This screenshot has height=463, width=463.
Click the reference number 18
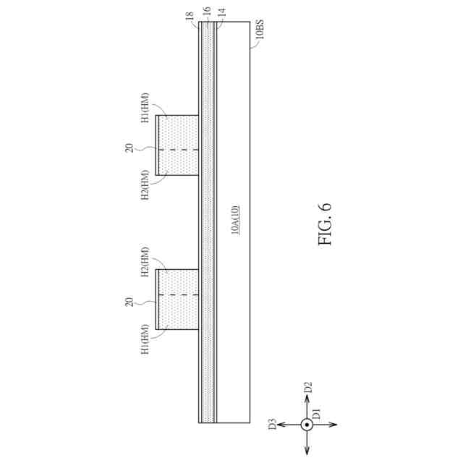click(x=190, y=15)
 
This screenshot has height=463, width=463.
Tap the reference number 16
click(x=207, y=12)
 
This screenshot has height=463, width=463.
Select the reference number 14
click(x=222, y=12)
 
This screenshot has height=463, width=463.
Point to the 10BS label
click(x=259, y=29)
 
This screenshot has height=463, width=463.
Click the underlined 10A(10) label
click(x=235, y=220)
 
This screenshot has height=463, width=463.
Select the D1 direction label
click(x=316, y=414)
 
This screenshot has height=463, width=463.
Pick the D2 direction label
click(x=307, y=388)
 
